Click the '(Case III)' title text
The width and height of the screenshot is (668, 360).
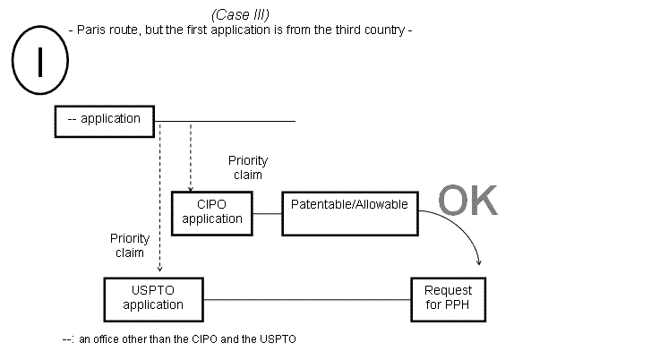(241, 15)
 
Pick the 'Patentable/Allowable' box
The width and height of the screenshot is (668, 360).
(349, 212)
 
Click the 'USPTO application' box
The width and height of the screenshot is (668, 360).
(153, 298)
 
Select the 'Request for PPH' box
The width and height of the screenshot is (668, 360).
(448, 298)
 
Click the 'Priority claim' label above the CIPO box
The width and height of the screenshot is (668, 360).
(247, 168)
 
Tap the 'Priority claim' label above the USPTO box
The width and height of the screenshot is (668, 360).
(129, 245)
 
